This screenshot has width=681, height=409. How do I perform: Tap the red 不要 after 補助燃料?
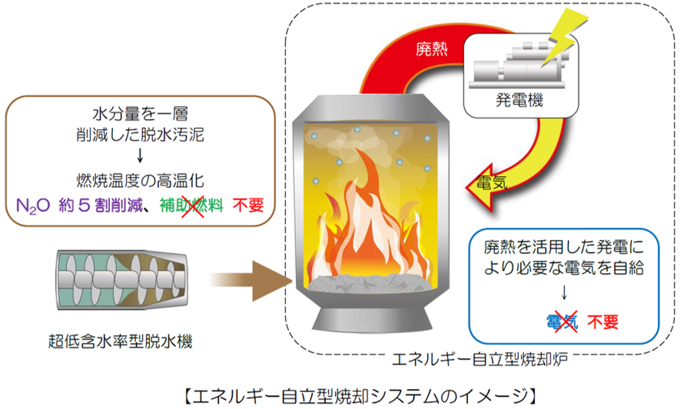click(248, 206)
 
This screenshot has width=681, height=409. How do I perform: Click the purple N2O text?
click(32, 206)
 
